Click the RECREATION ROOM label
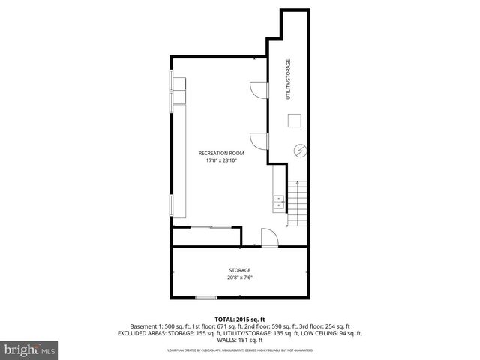(x=221, y=153)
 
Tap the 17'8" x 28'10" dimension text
(x=221, y=160)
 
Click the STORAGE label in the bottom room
(x=239, y=270)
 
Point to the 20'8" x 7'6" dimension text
(x=239, y=277)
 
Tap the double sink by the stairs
(x=278, y=200)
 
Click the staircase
(x=298, y=204)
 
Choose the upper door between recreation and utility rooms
(x=259, y=90)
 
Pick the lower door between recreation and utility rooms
(x=259, y=140)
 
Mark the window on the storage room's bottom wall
(x=206, y=298)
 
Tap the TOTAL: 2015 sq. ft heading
(x=239, y=318)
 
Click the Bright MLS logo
(x=30, y=349)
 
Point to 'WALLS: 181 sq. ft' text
(x=239, y=340)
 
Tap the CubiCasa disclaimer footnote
(x=239, y=349)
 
